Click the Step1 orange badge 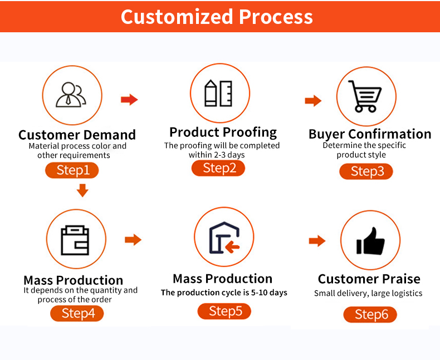pos(72,170)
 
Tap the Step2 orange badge pos(218,168)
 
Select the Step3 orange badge pos(366,171)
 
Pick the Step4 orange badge pos(77,313)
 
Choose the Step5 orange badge pos(224,311)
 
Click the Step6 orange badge pos(370,314)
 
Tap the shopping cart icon pos(365,96)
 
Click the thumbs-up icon pos(370,241)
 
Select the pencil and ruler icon pos(218,93)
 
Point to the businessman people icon pos(71,95)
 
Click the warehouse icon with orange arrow pos(224,238)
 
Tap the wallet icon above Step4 pos(75,240)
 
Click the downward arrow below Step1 pos(82,190)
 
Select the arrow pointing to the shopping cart pos(313,101)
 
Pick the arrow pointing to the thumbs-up pos(317,241)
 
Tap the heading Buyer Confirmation pos(370,134)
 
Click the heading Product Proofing pos(223,132)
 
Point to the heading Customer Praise pos(369,279)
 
